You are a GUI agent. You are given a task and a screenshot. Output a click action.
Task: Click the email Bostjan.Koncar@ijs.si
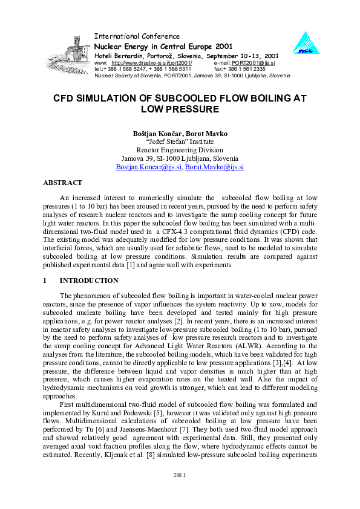(x=149, y=167)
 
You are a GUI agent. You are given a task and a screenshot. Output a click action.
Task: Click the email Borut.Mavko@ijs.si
(x=214, y=167)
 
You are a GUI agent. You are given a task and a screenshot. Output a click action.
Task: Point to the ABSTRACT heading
(x=62, y=182)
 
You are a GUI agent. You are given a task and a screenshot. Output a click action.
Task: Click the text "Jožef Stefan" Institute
(x=180, y=141)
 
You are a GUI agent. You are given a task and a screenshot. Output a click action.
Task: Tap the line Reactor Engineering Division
(x=180, y=149)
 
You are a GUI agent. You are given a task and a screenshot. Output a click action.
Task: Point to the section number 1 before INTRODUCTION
(x=45, y=280)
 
